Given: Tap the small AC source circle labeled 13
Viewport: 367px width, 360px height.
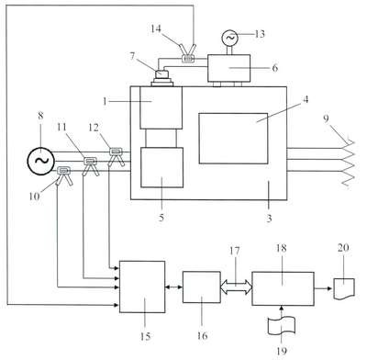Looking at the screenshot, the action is [229, 38].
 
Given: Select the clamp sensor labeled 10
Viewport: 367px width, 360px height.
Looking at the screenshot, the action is [64, 175].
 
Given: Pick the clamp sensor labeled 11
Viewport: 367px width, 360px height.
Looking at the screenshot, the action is [90, 166].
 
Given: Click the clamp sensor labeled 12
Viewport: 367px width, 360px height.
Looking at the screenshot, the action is [116, 156].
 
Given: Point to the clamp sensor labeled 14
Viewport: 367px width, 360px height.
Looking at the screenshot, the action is [188, 53].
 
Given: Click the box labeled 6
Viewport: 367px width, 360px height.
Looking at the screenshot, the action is [229, 68].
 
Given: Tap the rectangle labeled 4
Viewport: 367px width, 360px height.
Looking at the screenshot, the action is [233, 139].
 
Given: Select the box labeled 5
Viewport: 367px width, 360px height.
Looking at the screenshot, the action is [161, 167].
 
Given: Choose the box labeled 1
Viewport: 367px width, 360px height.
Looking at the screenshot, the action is [161, 107].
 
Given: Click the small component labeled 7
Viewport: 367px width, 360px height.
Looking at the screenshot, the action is [162, 78].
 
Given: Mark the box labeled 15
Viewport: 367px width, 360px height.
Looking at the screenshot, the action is [142, 287].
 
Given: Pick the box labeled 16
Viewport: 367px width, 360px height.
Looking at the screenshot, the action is [202, 287].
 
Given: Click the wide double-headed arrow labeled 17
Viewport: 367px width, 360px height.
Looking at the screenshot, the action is [236, 287].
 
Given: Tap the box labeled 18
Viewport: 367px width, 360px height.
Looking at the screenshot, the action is [283, 288].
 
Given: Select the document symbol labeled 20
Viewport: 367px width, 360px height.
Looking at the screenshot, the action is [344, 288].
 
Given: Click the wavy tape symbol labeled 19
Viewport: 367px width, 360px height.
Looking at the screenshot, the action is [282, 326].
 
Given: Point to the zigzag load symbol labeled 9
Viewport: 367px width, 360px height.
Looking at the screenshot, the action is [348, 163].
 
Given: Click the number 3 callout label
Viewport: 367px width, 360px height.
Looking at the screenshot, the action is [269, 219].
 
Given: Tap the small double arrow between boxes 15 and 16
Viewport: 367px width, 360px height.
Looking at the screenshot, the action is [174, 287].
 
